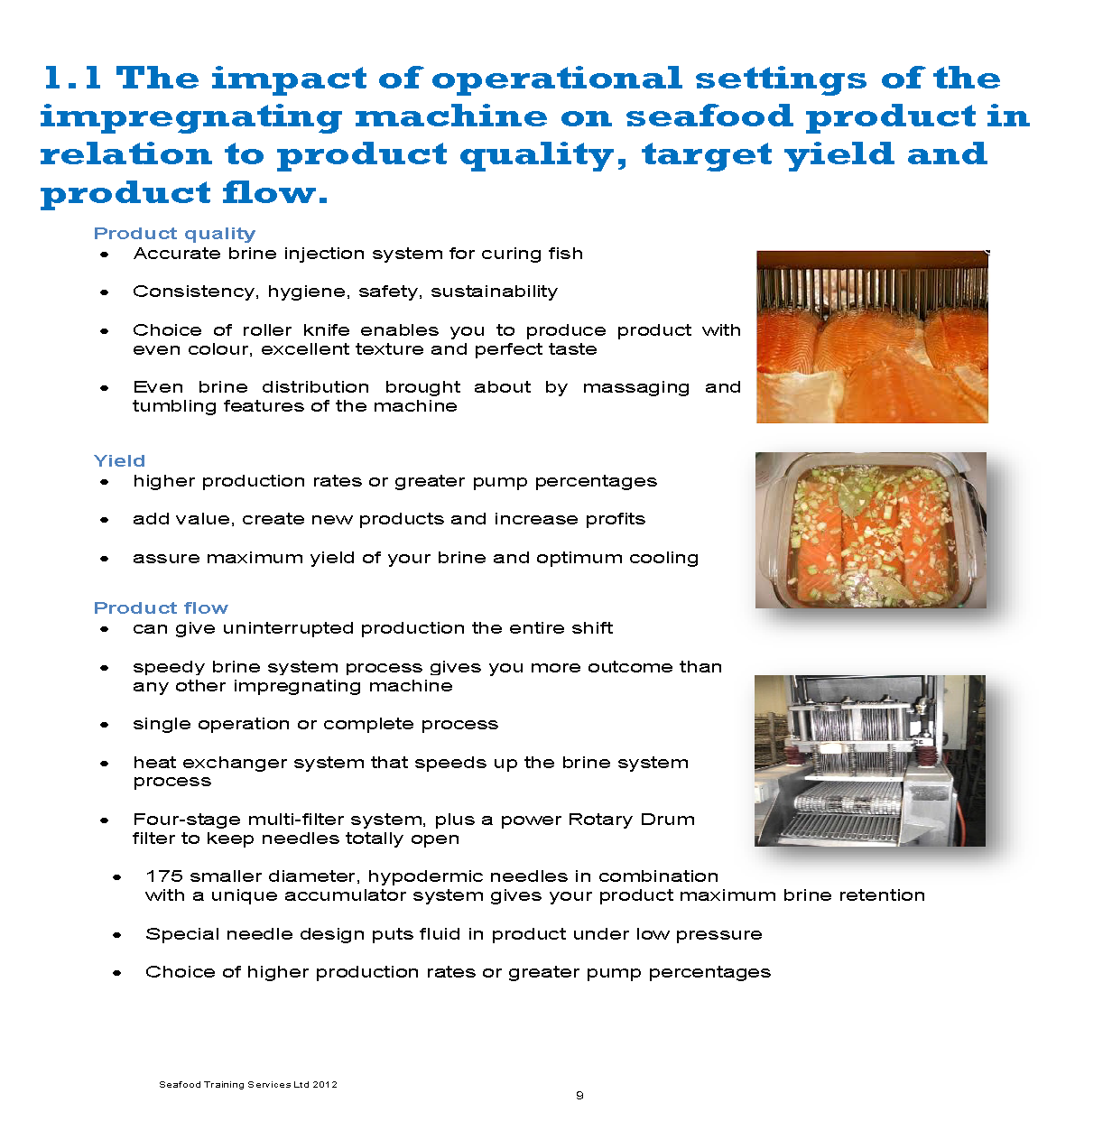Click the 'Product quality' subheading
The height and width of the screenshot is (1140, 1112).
(x=174, y=234)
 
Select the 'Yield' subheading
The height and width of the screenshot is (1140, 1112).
(x=119, y=461)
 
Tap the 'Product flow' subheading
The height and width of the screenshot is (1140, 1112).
(x=162, y=608)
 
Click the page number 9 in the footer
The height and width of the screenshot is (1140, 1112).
(x=579, y=1096)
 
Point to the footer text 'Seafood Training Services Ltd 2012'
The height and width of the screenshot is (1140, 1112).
(x=248, y=1084)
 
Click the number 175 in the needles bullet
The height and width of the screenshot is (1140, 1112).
(x=164, y=876)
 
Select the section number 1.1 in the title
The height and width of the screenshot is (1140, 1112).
(x=72, y=78)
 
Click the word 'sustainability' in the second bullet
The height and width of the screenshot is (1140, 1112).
(x=494, y=292)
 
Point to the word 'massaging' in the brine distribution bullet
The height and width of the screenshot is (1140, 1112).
(x=635, y=388)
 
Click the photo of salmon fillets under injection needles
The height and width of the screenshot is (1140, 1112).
(x=872, y=337)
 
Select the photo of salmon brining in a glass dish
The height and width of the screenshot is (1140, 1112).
(x=871, y=530)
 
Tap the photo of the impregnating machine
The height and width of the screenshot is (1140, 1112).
(x=870, y=760)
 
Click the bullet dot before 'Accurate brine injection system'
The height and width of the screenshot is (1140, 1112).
(x=105, y=255)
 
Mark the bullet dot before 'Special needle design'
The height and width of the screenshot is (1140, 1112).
(x=117, y=935)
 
